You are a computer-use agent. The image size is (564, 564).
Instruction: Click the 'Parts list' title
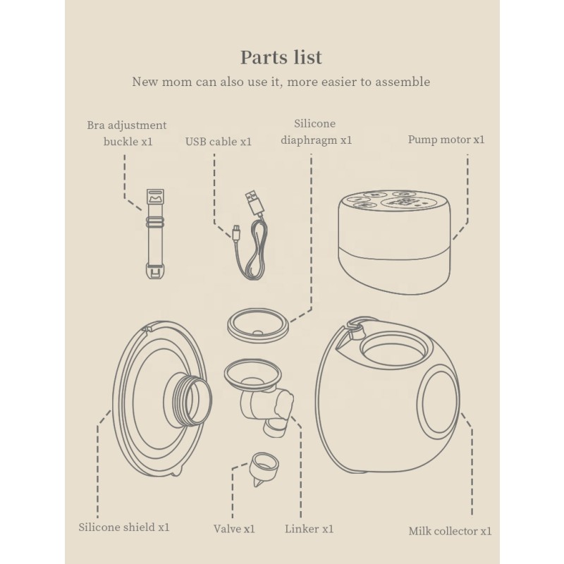click(281, 57)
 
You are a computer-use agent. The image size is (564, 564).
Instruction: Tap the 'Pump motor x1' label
click(446, 140)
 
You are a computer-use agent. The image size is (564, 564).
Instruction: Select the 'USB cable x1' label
click(219, 142)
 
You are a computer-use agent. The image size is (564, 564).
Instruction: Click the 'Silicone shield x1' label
click(124, 527)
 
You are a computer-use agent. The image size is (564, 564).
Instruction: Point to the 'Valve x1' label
click(234, 529)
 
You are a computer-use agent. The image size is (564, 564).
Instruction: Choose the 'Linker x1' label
click(309, 529)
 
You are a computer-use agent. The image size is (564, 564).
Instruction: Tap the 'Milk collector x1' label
click(450, 531)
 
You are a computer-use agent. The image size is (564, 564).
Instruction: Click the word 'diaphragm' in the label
click(309, 140)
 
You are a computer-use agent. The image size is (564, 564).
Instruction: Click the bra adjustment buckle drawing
click(155, 234)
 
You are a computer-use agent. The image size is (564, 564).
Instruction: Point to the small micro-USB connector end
click(236, 232)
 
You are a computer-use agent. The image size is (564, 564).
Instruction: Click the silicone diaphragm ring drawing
click(258, 325)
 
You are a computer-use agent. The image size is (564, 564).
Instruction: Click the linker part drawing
click(259, 396)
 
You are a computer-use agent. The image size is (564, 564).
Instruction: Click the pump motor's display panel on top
click(403, 202)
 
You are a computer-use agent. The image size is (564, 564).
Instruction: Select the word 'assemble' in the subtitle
click(403, 82)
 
